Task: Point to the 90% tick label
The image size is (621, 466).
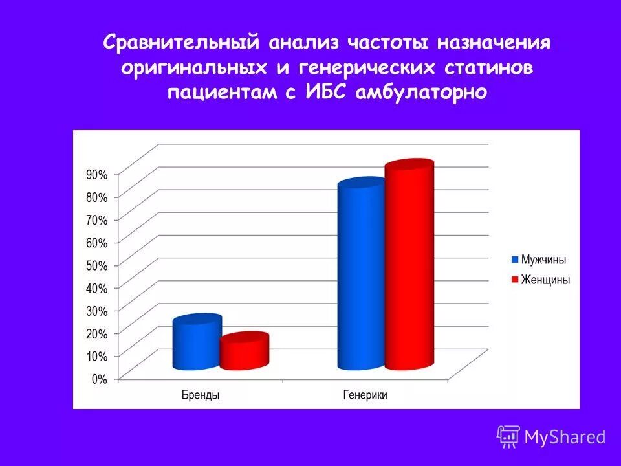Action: tap(97, 174)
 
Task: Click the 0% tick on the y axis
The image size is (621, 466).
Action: tap(99, 379)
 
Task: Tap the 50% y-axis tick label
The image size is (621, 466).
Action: tap(97, 265)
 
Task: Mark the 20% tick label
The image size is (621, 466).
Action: tap(97, 333)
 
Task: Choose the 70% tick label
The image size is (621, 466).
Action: tap(97, 220)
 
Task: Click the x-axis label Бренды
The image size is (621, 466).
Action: tap(200, 395)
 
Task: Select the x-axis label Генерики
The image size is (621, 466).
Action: tap(365, 395)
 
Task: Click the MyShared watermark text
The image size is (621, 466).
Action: tap(565, 437)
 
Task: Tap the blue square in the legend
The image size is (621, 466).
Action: tap(515, 260)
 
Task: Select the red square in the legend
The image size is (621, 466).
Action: tap(515, 280)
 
